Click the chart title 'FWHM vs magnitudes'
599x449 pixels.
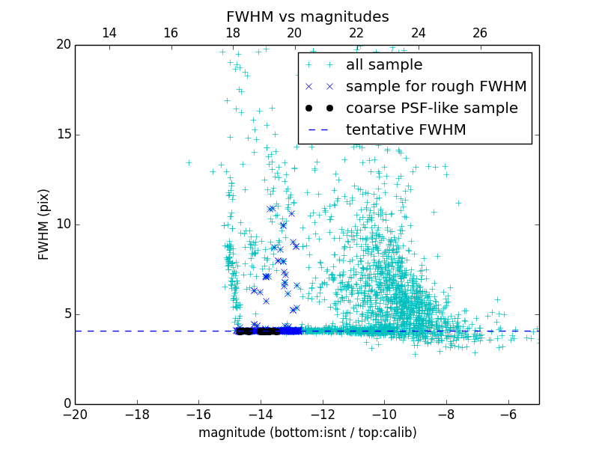pyautogui.click(x=307, y=16)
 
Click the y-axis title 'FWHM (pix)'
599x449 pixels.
pyautogui.click(x=44, y=224)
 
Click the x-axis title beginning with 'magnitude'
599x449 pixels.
pyautogui.click(x=307, y=433)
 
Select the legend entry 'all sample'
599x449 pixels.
pyautogui.click(x=384, y=65)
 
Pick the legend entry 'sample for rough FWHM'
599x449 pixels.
pyautogui.click(x=436, y=87)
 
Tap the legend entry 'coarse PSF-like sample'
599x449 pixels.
pyautogui.click(x=431, y=109)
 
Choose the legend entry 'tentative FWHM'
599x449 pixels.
pyautogui.click(x=406, y=130)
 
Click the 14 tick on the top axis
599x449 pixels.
pyautogui.click(x=109, y=33)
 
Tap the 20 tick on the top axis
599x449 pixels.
pyautogui.click(x=294, y=33)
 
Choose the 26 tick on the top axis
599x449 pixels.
pyautogui.click(x=480, y=33)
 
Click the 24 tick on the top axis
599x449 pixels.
pyautogui.click(x=419, y=33)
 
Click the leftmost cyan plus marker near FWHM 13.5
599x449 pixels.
pyautogui.click(x=189, y=162)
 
